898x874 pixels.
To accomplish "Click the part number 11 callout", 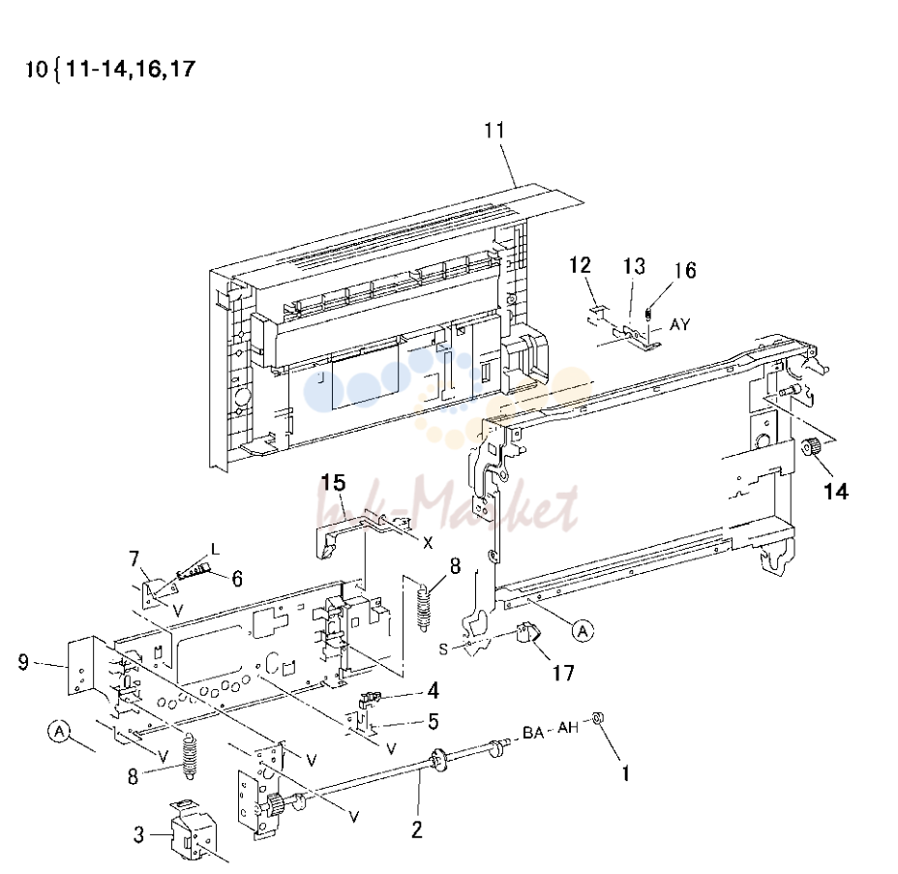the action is point(494,130).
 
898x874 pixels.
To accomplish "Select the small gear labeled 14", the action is point(810,445).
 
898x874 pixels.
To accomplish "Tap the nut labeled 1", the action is point(598,717).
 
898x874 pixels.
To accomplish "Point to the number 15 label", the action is point(333,482).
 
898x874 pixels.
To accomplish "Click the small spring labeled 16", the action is point(648,315).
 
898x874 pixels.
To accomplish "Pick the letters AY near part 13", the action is point(680,325).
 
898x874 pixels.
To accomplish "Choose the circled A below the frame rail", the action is point(583,631).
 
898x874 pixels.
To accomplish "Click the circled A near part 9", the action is point(59,731).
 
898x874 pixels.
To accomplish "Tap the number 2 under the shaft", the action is point(416,829).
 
